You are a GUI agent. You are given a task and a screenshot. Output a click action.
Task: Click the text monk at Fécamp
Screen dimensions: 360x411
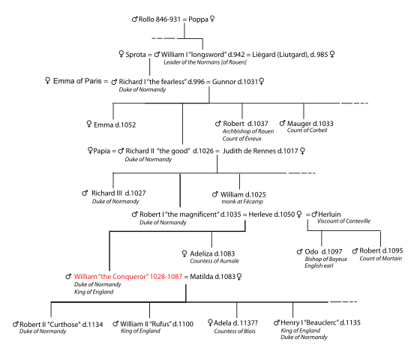(x=241, y=202)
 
